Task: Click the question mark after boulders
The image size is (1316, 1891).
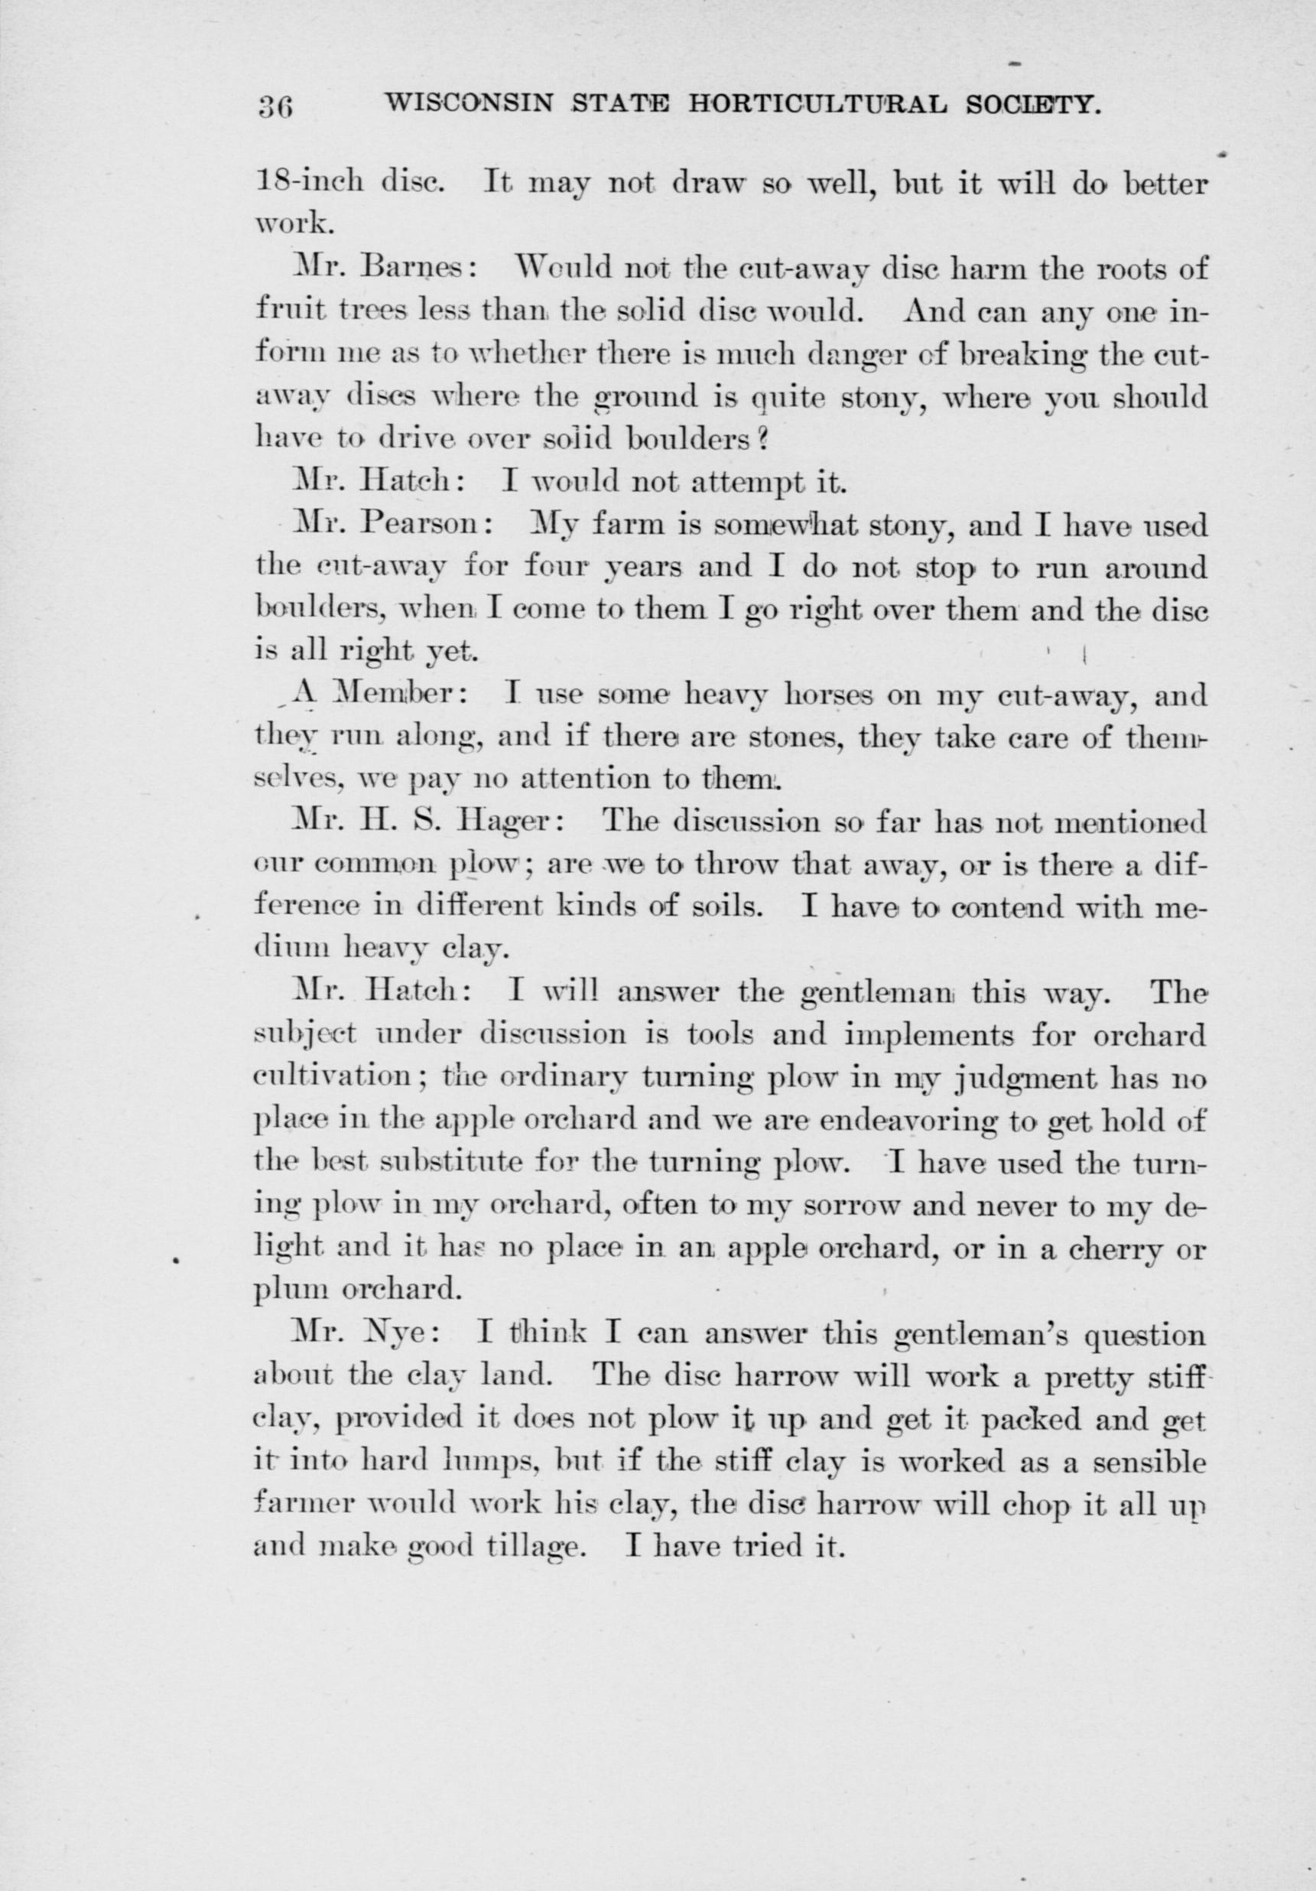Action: (x=762, y=440)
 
